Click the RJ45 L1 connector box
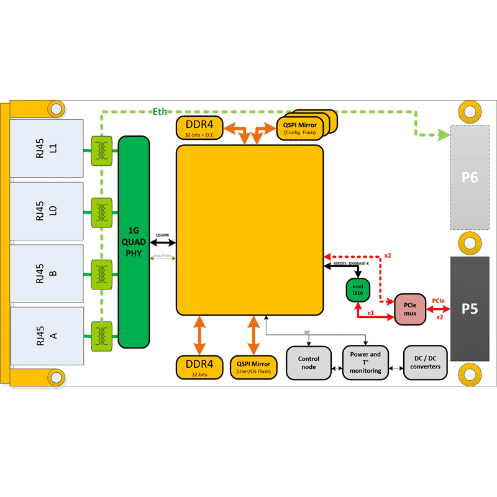(47, 148)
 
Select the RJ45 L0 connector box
(47, 211)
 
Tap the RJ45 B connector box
(47, 273)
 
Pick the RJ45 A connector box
(47, 336)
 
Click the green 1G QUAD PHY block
(134, 242)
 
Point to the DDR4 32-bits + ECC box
(199, 127)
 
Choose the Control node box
(309, 363)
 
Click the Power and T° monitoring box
(365, 363)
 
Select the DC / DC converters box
(426, 363)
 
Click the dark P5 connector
(470, 309)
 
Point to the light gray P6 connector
(470, 178)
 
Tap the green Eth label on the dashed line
(160, 111)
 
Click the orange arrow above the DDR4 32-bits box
(199, 335)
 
